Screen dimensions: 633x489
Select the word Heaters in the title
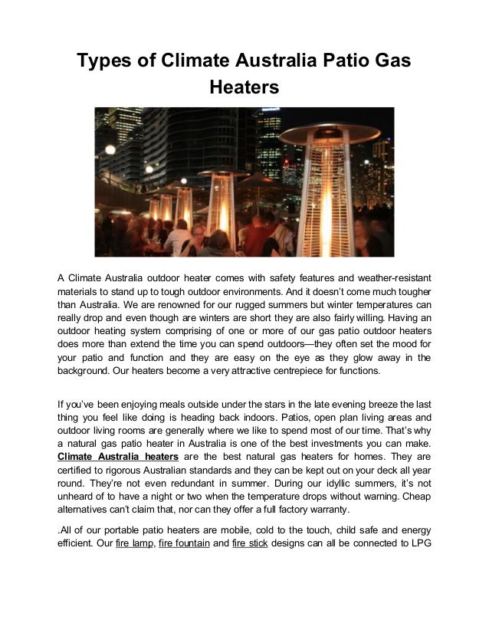[244, 90]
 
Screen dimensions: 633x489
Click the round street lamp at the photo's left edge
[110, 149]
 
